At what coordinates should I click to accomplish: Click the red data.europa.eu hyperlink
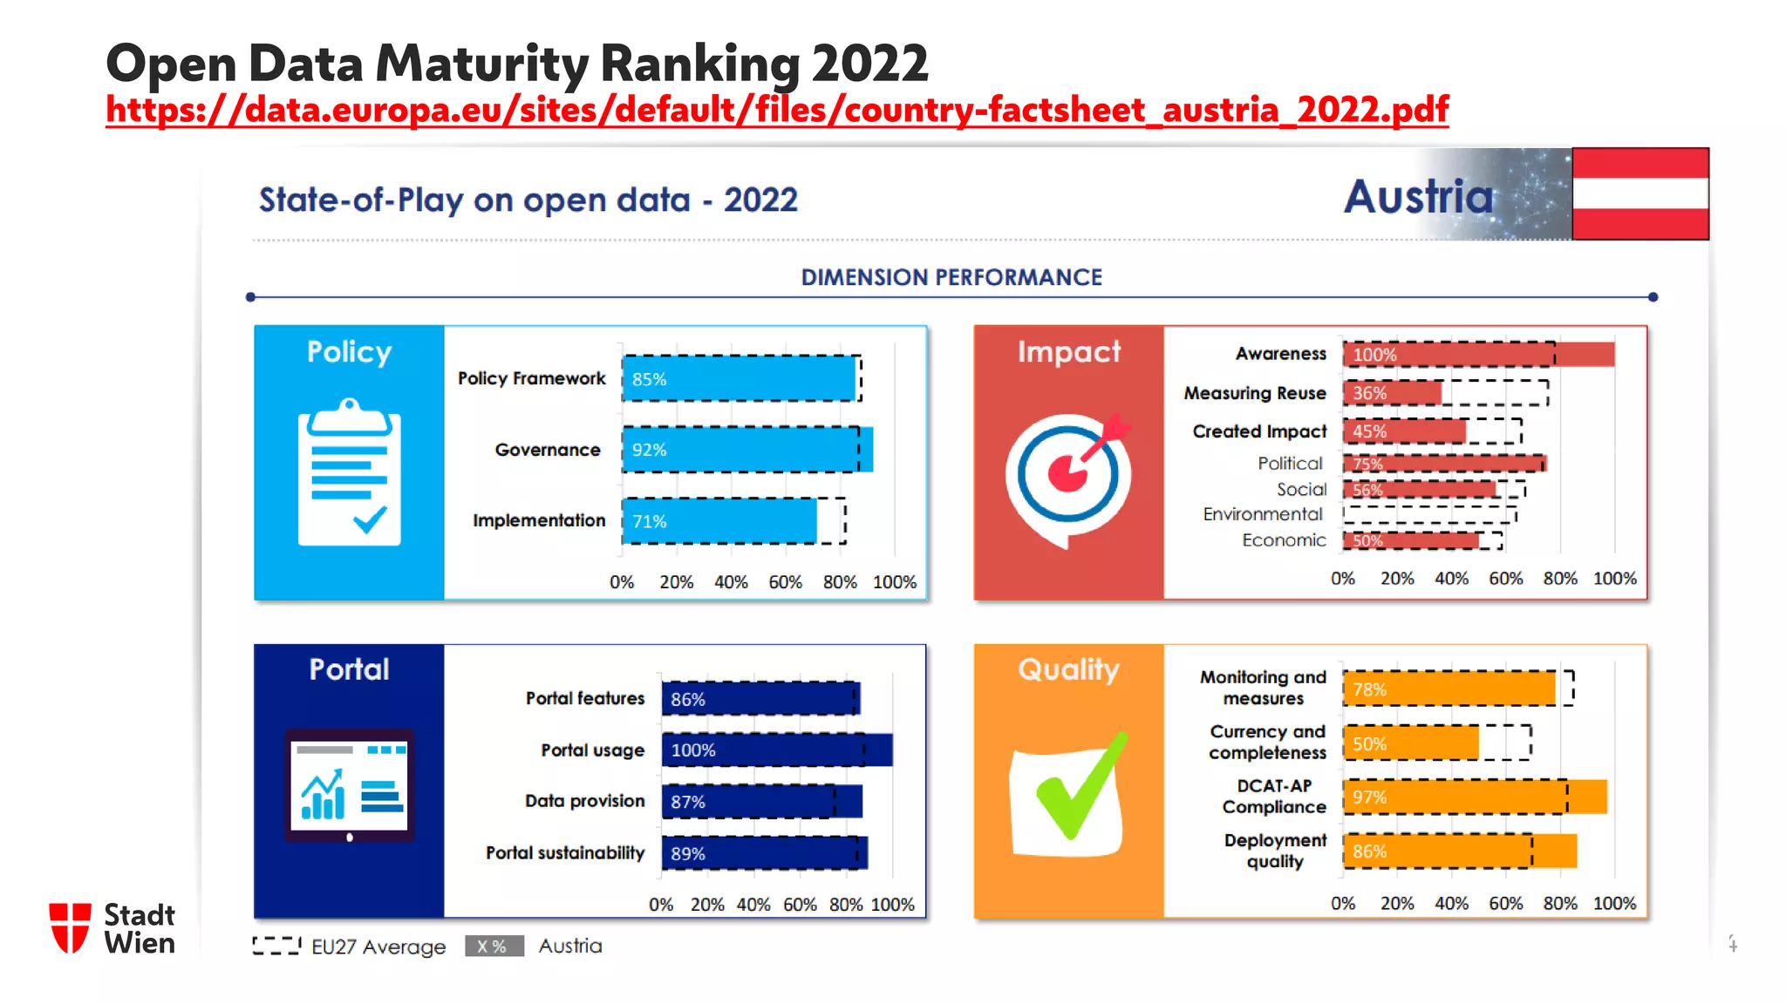click(776, 111)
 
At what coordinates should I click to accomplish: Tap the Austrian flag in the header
click(1639, 193)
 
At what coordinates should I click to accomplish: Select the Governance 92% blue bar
click(747, 450)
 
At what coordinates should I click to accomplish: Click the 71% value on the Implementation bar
click(649, 521)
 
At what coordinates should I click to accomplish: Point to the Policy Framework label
click(531, 378)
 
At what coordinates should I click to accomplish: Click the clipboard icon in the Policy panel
click(349, 472)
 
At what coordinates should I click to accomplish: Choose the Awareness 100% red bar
click(1478, 355)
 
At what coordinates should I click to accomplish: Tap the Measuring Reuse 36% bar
click(1392, 393)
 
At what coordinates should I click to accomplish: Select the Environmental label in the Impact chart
click(1262, 514)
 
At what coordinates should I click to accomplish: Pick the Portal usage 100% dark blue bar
click(776, 750)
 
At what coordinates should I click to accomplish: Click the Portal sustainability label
click(564, 853)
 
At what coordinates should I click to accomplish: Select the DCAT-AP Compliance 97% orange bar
click(1474, 797)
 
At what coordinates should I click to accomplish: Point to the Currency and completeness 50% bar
click(1410, 743)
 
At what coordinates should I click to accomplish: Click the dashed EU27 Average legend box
click(276, 946)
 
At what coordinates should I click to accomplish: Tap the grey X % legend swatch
click(494, 946)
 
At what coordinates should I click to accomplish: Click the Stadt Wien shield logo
click(70, 928)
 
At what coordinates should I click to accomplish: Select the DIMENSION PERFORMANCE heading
click(951, 277)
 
